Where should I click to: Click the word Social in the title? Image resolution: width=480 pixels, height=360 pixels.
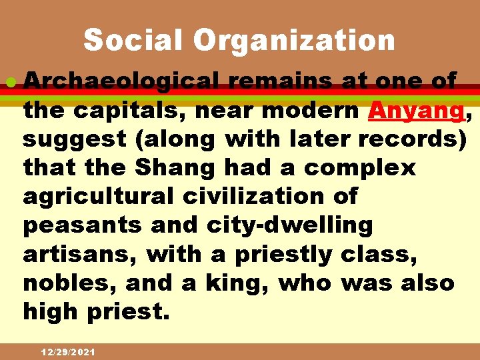[x=133, y=40]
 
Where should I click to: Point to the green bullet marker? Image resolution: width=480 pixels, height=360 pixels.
[x=9, y=83]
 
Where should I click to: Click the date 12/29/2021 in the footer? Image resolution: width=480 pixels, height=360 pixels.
[x=67, y=351]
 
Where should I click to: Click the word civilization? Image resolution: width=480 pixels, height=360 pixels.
[x=261, y=197]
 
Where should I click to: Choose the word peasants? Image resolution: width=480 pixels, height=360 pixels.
[x=83, y=226]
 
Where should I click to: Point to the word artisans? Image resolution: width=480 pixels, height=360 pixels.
[x=78, y=254]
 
